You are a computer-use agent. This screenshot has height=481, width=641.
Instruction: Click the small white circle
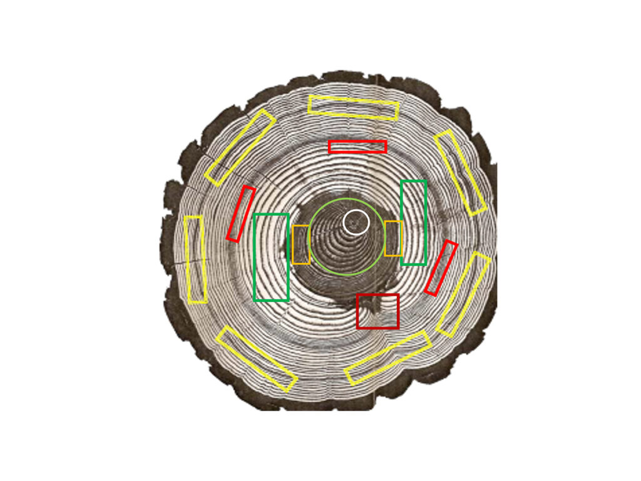coord(356,222)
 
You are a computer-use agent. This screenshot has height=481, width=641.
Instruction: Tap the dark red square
coord(377,311)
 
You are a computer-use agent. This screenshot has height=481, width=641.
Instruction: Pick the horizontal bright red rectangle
coord(357,147)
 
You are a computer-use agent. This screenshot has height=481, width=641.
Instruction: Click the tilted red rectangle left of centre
coord(240,214)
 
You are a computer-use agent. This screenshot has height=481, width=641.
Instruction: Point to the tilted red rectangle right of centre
coord(441,267)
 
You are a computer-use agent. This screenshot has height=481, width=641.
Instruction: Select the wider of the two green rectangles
coord(271,257)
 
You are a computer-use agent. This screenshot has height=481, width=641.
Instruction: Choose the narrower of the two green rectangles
coord(413,222)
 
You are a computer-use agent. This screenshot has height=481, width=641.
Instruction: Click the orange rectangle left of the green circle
coord(300,244)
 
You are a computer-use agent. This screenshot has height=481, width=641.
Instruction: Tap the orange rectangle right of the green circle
coord(393,238)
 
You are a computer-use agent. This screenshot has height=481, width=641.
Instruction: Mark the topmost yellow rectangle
coord(354,108)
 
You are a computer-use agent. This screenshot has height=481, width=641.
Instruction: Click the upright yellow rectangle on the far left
coord(195,259)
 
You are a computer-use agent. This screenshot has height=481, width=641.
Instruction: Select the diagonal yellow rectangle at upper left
coord(240,147)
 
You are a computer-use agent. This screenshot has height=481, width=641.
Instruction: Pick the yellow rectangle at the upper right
coord(461,172)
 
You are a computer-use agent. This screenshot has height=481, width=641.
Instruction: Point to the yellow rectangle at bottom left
coord(256,359)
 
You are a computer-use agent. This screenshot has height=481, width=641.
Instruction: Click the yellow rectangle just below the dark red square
coord(387,357)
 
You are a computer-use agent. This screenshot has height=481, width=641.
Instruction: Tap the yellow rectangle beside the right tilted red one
coord(463,294)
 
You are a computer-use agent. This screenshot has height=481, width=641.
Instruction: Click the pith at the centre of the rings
coord(355,221)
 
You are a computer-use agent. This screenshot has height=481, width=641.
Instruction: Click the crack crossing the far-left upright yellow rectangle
coord(195,259)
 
